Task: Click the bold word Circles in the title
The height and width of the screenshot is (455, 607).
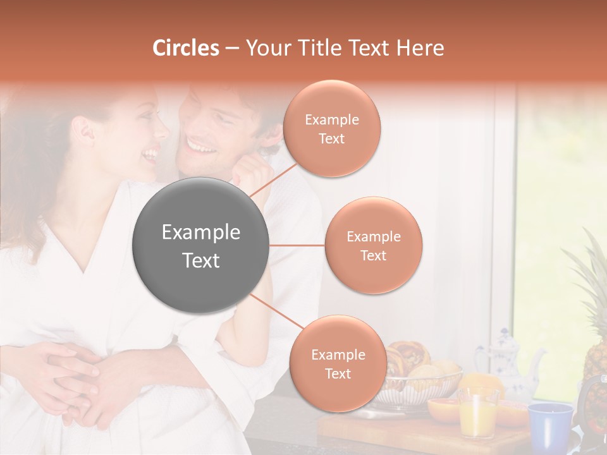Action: tap(186, 48)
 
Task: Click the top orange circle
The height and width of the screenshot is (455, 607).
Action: tap(331, 128)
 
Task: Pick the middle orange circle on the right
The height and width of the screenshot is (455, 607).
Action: tap(373, 245)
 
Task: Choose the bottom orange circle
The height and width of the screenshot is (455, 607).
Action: tap(338, 363)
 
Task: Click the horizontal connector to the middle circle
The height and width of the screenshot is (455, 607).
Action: tap(297, 245)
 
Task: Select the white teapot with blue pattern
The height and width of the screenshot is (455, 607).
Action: tap(506, 360)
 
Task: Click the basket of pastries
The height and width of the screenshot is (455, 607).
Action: tap(417, 373)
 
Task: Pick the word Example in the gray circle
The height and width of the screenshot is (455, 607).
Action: tap(201, 233)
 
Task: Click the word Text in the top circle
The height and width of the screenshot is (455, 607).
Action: tap(331, 138)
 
